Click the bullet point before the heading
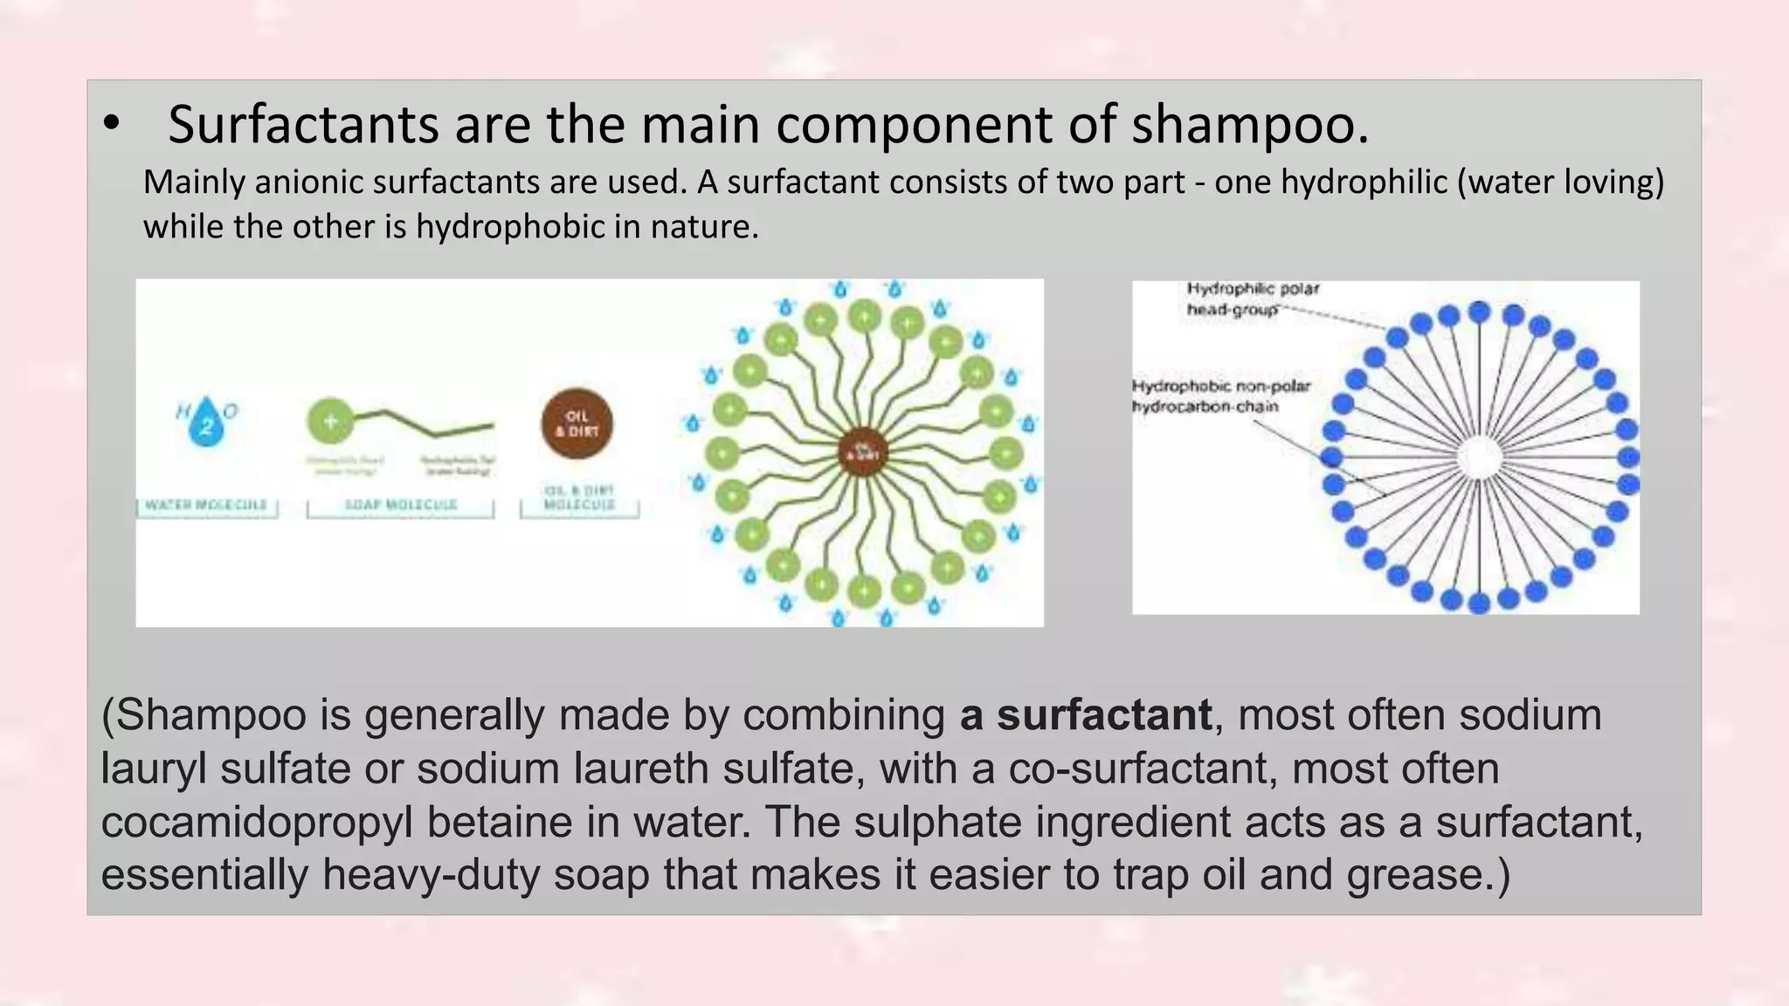[x=111, y=125]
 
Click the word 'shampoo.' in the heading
[x=1250, y=125]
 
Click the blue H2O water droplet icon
[x=206, y=423]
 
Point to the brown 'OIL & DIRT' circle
[x=577, y=424]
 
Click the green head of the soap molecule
[x=330, y=421]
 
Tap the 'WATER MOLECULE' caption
[x=206, y=505]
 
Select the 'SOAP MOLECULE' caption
[x=401, y=505]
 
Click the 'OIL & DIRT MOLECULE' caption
[x=579, y=498]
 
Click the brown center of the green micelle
[x=863, y=451]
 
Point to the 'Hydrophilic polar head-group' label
[x=1251, y=299]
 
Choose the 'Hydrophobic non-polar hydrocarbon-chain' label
[x=1220, y=396]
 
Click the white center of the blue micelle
[x=1479, y=457]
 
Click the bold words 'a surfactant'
[x=1085, y=715]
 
